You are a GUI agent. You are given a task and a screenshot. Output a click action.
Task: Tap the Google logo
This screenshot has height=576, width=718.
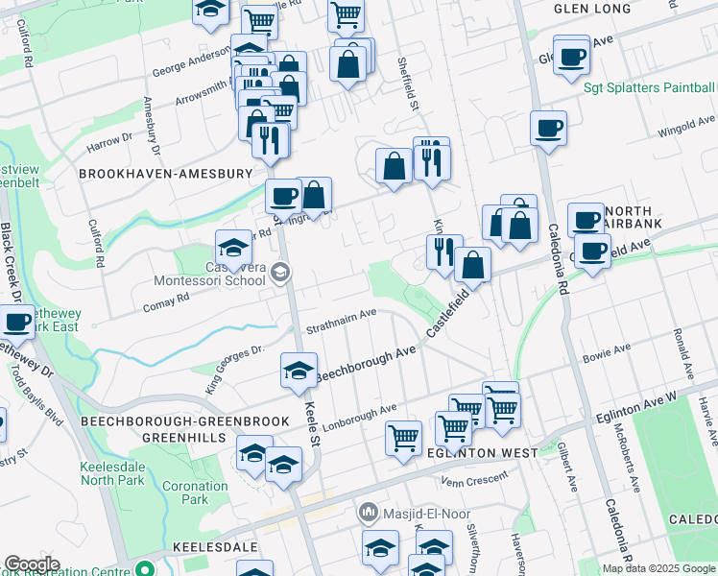coord(32,564)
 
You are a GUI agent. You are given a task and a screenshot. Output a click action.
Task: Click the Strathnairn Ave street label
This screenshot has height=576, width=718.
coord(341,321)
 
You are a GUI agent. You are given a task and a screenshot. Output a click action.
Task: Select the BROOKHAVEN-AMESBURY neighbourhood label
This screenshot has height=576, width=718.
coord(165,174)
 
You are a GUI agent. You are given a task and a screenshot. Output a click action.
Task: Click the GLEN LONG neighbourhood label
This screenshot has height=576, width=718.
coord(592,9)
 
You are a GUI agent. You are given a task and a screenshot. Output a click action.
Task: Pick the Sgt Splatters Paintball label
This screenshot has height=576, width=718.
coord(650,87)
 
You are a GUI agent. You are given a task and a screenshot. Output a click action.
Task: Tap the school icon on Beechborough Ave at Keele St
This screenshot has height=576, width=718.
coord(299,371)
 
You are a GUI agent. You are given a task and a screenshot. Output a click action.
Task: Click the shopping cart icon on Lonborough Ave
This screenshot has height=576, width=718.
coord(404,438)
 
